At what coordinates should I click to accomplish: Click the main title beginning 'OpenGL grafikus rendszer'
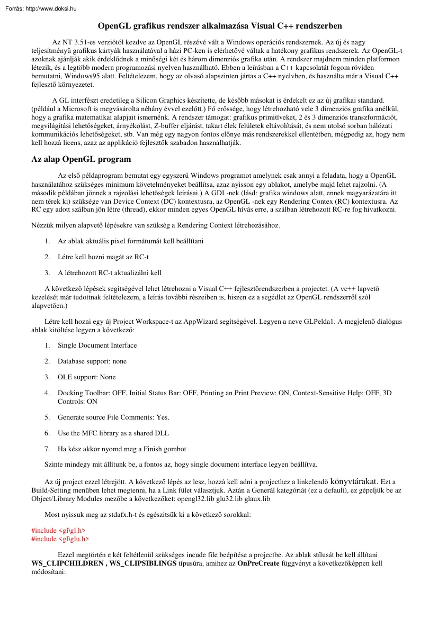point(220,25)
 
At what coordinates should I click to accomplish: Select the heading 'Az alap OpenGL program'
point(81,159)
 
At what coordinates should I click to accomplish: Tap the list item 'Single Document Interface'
point(97,345)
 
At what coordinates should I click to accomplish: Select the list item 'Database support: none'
point(92,361)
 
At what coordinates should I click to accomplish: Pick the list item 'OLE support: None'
point(86,377)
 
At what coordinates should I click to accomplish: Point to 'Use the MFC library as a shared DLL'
point(113,433)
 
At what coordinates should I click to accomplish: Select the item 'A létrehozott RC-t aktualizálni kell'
point(110,273)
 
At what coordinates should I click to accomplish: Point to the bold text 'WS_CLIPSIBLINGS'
point(142,563)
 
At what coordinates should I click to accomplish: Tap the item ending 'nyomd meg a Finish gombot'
point(122,449)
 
